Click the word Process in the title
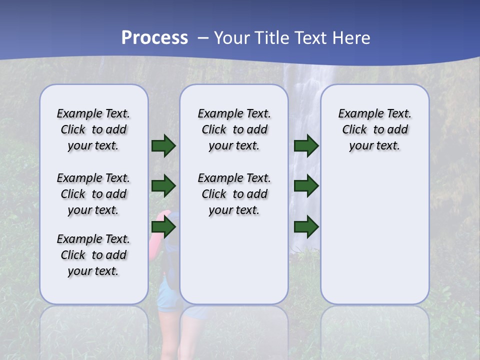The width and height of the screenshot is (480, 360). click(x=154, y=38)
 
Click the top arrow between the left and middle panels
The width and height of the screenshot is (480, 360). click(x=163, y=145)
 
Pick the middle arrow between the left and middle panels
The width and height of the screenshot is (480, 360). click(x=163, y=186)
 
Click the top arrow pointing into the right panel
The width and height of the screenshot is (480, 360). click(x=306, y=145)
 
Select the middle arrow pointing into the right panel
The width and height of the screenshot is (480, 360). click(x=306, y=186)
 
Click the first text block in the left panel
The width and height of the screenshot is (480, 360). click(x=93, y=129)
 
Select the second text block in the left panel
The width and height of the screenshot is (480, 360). click(x=93, y=194)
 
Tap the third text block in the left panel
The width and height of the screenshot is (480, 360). click(x=93, y=255)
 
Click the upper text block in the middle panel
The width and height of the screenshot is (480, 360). click(x=234, y=129)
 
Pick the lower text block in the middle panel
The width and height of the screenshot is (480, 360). click(x=234, y=194)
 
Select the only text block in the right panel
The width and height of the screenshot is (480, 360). click(x=375, y=129)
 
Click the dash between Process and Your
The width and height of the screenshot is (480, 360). click(x=202, y=38)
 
